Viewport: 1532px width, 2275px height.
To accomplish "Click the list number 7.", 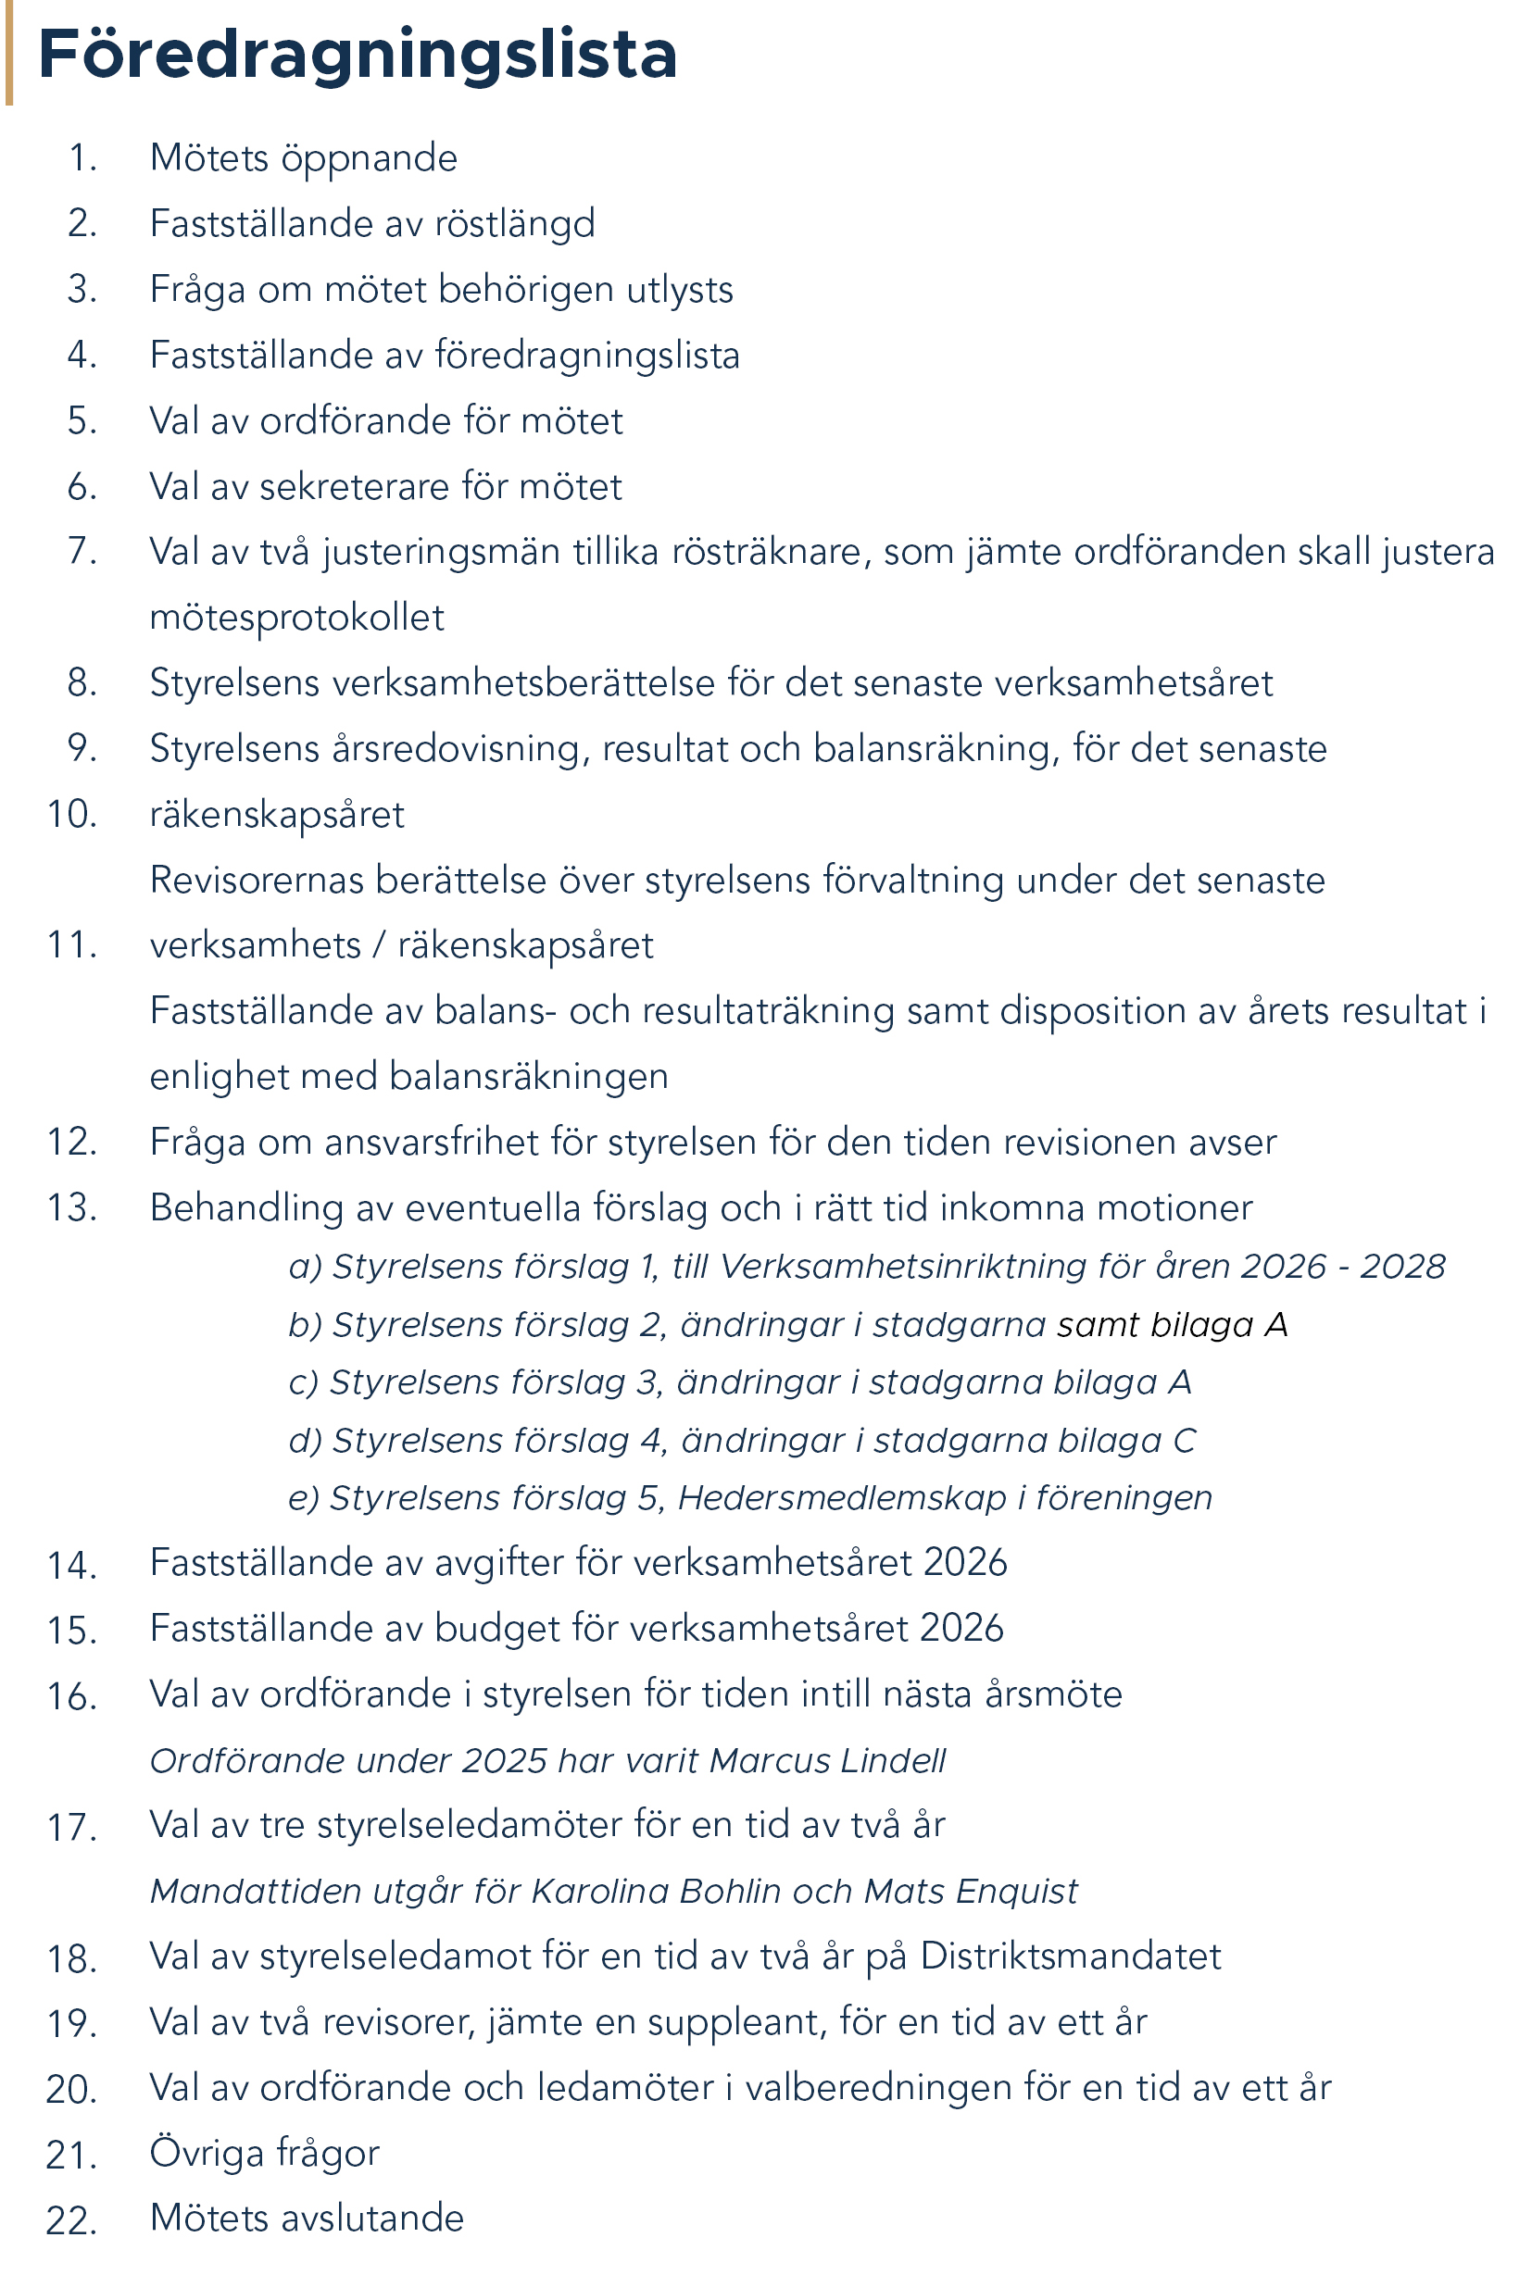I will click(x=82, y=551).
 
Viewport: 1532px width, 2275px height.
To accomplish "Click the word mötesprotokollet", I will click(x=296, y=619).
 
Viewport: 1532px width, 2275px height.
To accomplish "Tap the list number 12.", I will click(x=72, y=1142).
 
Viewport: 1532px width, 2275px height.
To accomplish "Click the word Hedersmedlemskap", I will click(x=841, y=1497).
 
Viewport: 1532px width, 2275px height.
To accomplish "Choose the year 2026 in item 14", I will click(x=964, y=1563).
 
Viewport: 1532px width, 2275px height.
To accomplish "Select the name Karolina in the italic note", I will click(x=600, y=1891).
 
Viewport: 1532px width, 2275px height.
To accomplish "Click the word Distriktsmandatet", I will click(x=1070, y=1956).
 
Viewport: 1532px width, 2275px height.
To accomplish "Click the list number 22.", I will click(x=71, y=2220).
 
